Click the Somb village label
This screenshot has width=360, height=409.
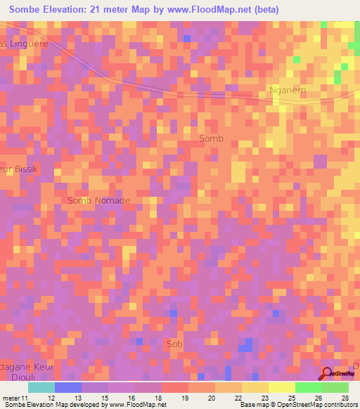coord(211,138)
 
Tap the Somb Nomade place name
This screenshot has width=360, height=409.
coord(98,200)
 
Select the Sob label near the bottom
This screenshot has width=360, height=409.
coord(174,344)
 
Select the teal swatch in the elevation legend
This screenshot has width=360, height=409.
coord(41,387)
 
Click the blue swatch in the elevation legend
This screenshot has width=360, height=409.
coord(68,387)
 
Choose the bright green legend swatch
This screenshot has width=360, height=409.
coord(308,387)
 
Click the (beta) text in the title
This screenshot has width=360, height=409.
coord(266,10)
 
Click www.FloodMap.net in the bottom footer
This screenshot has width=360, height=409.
coord(134,405)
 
